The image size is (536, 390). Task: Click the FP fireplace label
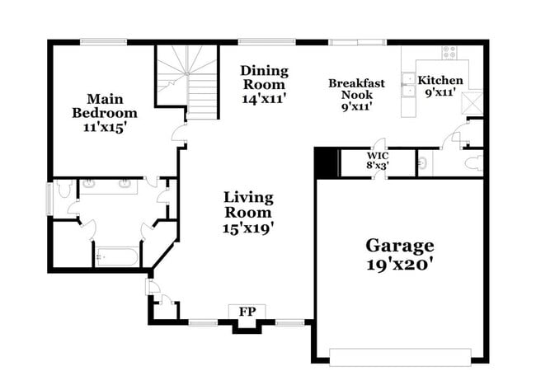point(247,312)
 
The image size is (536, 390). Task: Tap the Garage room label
point(400,246)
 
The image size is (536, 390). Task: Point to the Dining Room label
point(264,78)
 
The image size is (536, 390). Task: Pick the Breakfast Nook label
point(358,89)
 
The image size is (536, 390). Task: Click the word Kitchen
point(440,80)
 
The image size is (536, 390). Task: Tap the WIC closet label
point(378,154)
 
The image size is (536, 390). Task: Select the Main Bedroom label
point(104,106)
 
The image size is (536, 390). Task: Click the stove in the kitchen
point(449,52)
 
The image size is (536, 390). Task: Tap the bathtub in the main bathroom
point(116,256)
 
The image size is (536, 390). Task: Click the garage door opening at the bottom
point(400,356)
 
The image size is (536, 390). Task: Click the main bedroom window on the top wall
point(103,41)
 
